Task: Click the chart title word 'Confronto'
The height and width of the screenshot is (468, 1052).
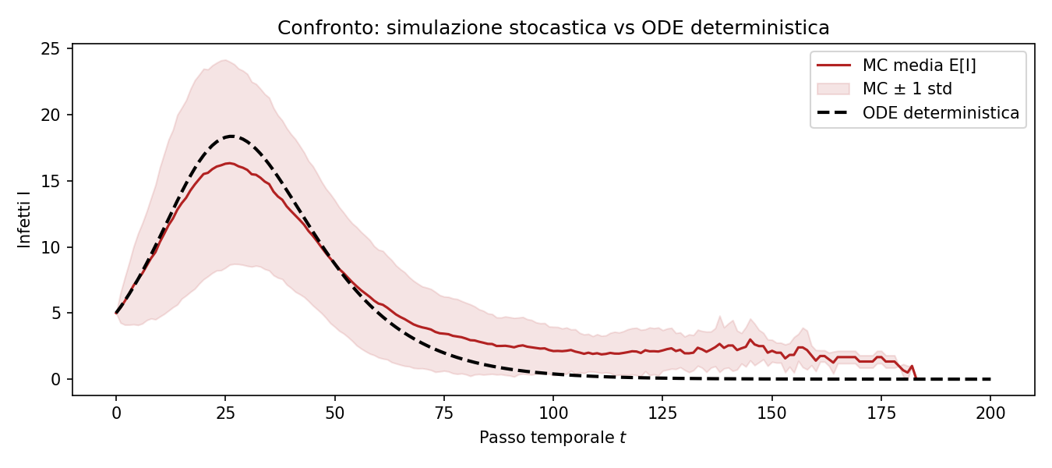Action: pos(329,28)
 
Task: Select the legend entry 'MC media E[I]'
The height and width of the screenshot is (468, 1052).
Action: pos(919,66)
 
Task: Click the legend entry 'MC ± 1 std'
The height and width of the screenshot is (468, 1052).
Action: pos(907,89)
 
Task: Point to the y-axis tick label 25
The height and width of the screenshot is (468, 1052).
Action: pos(50,49)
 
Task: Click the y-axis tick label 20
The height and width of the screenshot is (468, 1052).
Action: pos(50,115)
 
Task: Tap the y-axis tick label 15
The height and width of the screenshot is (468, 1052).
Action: pos(50,182)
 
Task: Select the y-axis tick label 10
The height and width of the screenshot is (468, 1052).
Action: pos(50,247)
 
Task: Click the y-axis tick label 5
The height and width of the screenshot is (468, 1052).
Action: pos(56,314)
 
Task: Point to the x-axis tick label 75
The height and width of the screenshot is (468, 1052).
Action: pos(444,413)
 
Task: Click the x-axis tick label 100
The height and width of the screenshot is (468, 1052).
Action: pos(552,413)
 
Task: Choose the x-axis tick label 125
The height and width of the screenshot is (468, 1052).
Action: pos(662,413)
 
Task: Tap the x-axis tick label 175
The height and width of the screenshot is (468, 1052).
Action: pos(881,413)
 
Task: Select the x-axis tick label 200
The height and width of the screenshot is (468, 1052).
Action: pos(990,413)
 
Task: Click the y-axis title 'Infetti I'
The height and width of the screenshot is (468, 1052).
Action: pos(24,219)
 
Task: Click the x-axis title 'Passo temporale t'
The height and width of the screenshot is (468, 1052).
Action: pos(552,438)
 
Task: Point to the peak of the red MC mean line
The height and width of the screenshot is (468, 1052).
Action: pos(229,164)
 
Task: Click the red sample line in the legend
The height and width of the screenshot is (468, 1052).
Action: pos(834,66)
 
